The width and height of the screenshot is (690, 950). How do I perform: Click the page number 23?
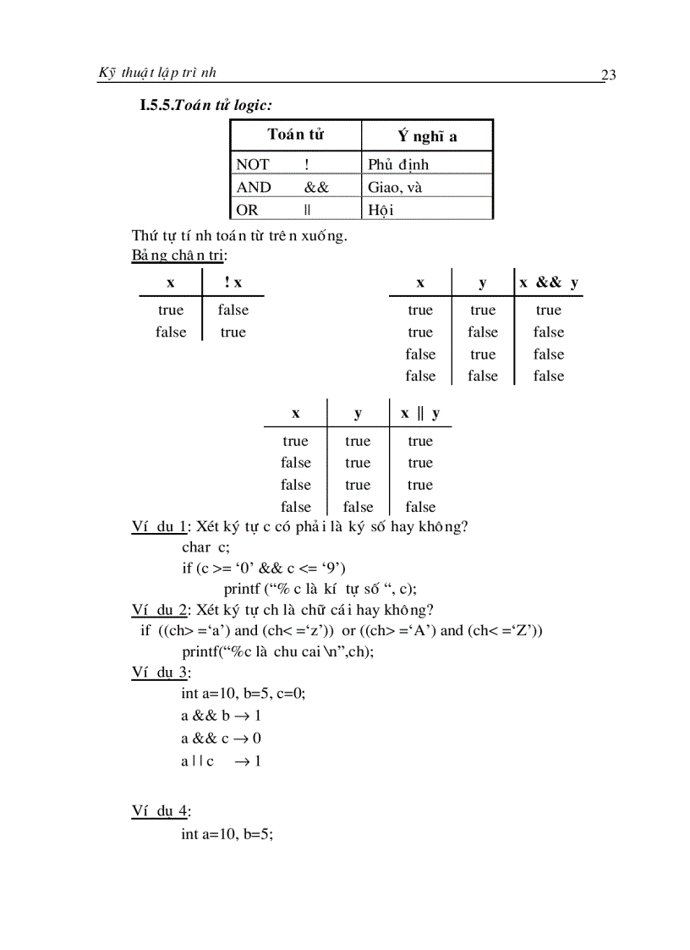pyautogui.click(x=608, y=75)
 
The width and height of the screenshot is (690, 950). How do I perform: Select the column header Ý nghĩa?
pyautogui.click(x=427, y=136)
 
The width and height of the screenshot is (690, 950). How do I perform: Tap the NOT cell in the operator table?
pyautogui.click(x=253, y=164)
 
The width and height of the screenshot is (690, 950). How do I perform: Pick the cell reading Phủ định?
pyautogui.click(x=398, y=164)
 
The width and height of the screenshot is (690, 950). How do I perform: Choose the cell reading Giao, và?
pyautogui.click(x=395, y=187)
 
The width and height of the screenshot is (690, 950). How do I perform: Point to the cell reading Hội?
pyautogui.click(x=381, y=210)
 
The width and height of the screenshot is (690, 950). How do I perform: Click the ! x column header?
pyautogui.click(x=233, y=283)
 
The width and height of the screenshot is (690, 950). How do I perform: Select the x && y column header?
pyautogui.click(x=549, y=283)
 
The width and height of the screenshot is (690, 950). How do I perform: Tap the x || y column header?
pyautogui.click(x=420, y=414)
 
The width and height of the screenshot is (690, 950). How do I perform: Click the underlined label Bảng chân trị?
pyautogui.click(x=178, y=255)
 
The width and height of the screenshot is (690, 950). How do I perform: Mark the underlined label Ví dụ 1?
pyautogui.click(x=159, y=527)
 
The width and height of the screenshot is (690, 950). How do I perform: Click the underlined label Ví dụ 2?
pyautogui.click(x=159, y=610)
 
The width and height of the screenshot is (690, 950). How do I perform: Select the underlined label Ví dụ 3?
pyautogui.click(x=160, y=673)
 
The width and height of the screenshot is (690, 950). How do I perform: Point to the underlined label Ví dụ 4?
pyautogui.click(x=160, y=811)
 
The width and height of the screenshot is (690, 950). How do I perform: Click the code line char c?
pyautogui.click(x=205, y=546)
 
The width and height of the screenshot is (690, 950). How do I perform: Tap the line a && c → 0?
pyautogui.click(x=221, y=739)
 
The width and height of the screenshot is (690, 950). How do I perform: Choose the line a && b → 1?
pyautogui.click(x=221, y=716)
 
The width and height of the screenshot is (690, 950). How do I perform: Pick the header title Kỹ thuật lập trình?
pyautogui.click(x=157, y=73)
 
